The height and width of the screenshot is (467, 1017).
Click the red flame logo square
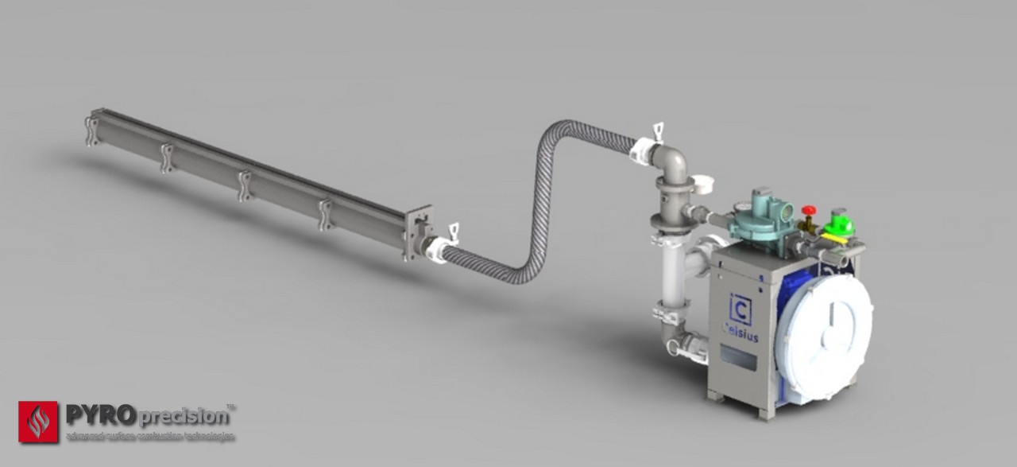38,421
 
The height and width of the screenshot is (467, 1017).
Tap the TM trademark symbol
231,407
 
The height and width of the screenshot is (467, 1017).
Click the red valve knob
809,211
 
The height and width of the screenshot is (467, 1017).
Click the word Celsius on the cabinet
741,337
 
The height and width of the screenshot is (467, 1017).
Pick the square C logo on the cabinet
737,306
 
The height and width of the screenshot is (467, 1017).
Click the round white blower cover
826,326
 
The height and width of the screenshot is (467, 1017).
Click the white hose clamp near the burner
438,248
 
